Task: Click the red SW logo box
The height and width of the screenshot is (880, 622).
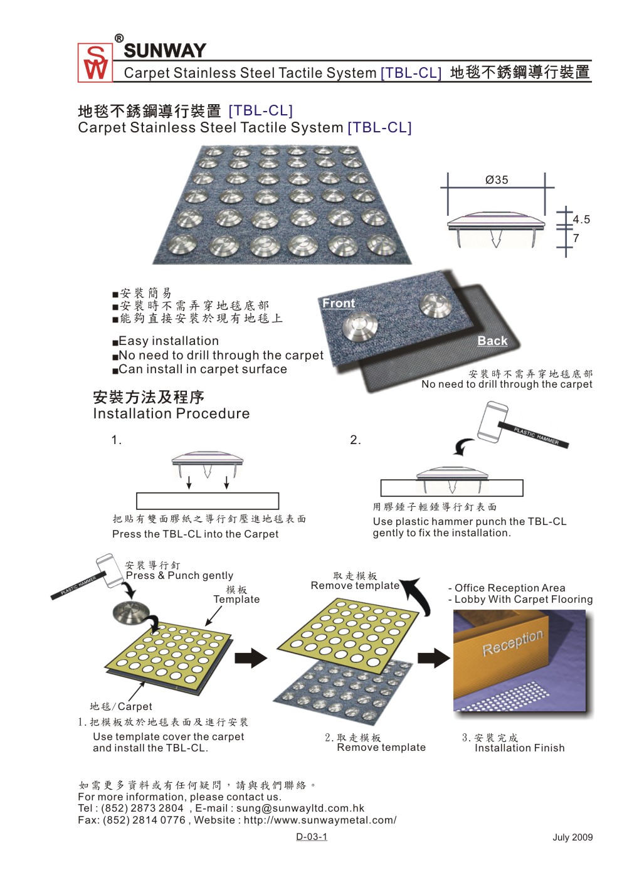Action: [95, 63]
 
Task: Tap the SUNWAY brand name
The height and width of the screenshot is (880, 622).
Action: [165, 51]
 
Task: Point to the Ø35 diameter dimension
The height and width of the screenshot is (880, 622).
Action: [497, 180]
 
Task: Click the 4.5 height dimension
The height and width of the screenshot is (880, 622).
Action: [581, 219]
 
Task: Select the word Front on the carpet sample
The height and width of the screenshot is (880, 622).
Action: [339, 304]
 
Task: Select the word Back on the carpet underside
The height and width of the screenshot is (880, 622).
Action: [492, 341]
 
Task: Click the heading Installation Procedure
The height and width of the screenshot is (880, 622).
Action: [171, 414]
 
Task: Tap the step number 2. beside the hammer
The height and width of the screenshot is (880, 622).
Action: [356, 440]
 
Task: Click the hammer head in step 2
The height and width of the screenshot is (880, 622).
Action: [492, 420]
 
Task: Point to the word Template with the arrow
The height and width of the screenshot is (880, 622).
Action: [236, 599]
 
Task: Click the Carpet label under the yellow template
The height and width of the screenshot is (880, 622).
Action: [135, 706]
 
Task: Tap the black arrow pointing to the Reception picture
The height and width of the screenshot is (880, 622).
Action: [433, 657]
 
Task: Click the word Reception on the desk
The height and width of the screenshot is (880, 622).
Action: [512, 643]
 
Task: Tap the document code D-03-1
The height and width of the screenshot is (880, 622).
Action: [312, 836]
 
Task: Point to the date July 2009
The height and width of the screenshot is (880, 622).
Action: [572, 837]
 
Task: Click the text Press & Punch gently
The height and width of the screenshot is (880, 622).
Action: [179, 576]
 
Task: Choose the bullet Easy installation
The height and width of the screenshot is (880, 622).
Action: [169, 341]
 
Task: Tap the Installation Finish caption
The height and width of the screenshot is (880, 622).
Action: [520, 748]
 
